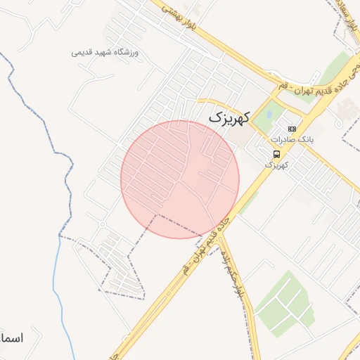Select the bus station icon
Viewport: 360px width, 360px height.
[x=277, y=154]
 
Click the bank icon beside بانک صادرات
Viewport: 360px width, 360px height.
[x=292, y=129]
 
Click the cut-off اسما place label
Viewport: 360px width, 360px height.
[x=13, y=339]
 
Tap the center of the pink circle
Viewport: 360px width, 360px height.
[x=180, y=179]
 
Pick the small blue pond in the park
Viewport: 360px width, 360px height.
[x=269, y=115]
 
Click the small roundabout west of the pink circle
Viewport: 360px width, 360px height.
[x=103, y=224]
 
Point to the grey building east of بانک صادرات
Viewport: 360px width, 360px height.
[x=348, y=109]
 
